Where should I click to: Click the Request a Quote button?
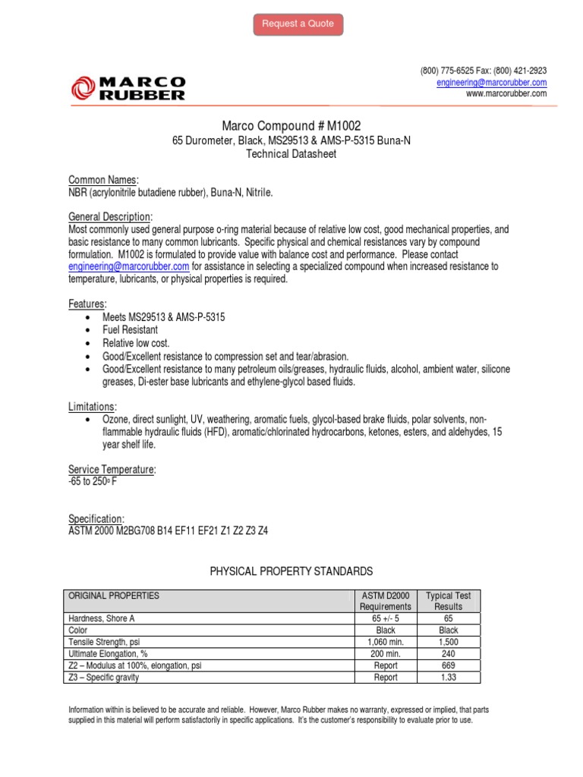coord(298,24)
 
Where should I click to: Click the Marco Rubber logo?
coord(128,88)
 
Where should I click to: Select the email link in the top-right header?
coord(491,82)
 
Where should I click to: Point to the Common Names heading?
coord(103,180)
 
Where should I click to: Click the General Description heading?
coord(111,216)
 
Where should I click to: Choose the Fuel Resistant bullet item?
coord(131,330)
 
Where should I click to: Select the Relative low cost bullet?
coord(137,343)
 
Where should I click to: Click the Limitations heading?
coord(92,407)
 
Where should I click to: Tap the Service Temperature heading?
coord(112,470)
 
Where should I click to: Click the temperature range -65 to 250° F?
coord(93,482)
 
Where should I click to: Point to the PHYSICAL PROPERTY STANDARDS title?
coord(291,571)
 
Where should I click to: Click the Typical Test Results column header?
coord(448,601)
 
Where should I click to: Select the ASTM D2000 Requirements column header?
coord(385,601)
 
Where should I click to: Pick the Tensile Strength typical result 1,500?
coord(448,642)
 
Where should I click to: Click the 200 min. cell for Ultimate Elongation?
coord(385,653)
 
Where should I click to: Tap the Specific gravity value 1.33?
coord(448,677)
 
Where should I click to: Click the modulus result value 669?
coord(448,665)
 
